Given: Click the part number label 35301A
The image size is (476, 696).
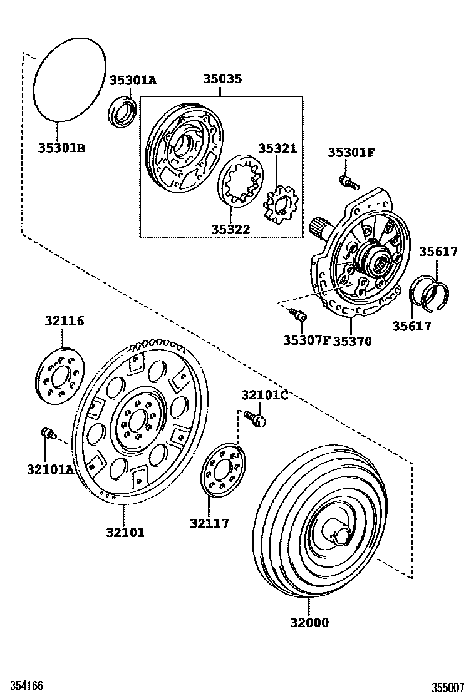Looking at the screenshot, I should coord(133,80).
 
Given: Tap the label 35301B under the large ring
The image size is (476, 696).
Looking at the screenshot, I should coord(61,148).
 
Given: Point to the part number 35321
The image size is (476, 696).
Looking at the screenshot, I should coord(277,148).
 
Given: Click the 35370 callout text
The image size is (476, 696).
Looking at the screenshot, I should coord(352,341).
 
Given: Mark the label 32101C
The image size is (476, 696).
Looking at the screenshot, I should coord(265,395).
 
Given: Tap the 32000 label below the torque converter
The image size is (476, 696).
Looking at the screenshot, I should coord(309,622).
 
